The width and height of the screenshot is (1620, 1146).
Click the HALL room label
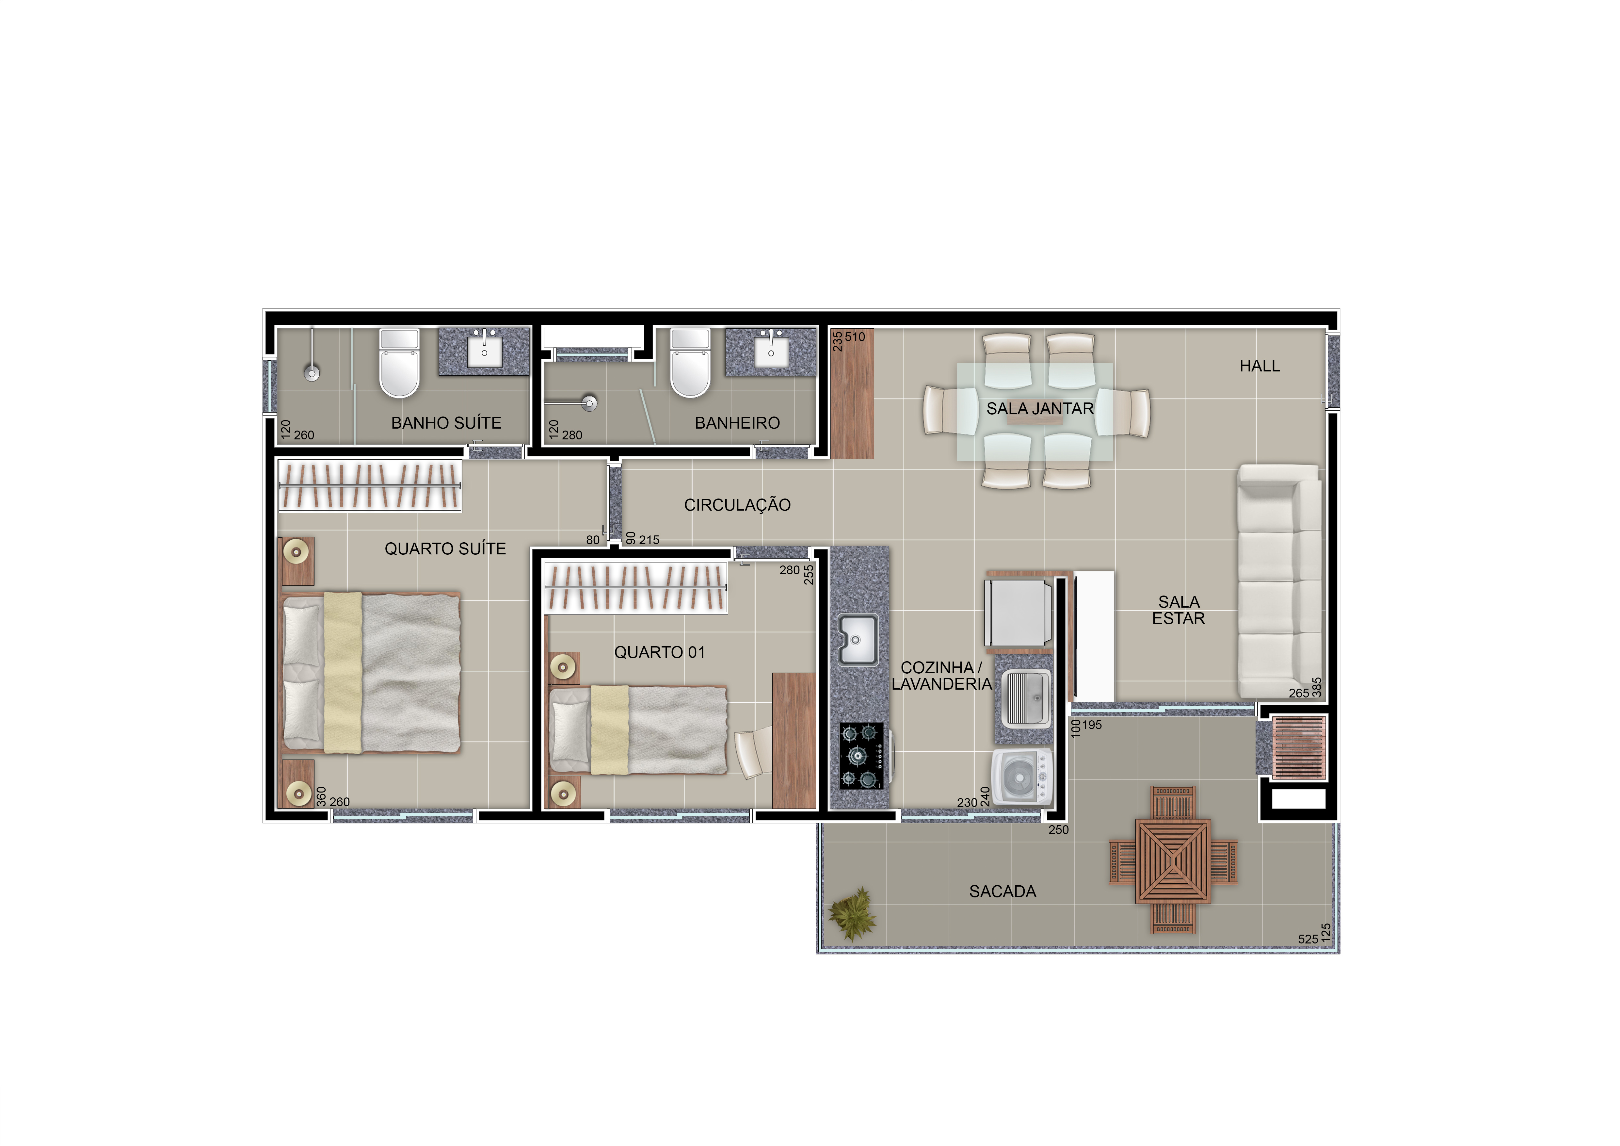(x=1259, y=366)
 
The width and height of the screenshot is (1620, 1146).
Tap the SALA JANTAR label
(x=1040, y=409)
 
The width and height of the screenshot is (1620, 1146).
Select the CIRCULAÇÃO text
(x=737, y=504)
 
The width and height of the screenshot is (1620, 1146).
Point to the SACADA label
(x=1002, y=891)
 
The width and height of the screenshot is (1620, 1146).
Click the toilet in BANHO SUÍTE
(x=399, y=363)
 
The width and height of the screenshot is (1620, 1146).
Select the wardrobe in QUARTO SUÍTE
(x=370, y=485)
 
